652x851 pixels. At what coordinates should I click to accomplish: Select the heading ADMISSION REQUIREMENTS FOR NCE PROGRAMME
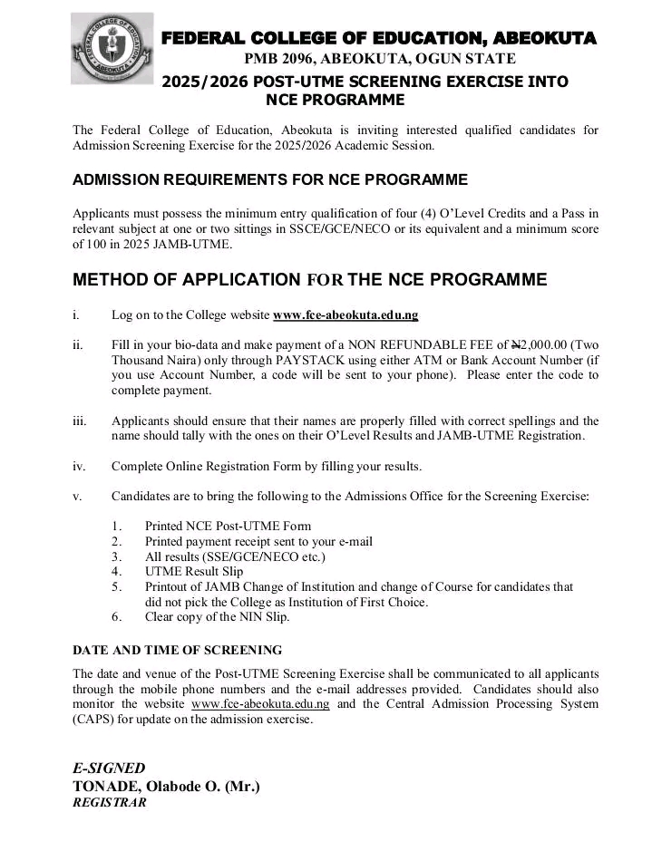click(x=270, y=179)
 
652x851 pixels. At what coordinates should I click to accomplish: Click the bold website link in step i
click(x=345, y=315)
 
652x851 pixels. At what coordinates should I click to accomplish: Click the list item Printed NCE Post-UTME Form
click(x=228, y=526)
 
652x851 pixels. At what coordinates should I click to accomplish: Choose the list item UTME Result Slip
click(x=194, y=572)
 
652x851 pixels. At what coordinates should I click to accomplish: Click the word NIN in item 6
click(x=249, y=617)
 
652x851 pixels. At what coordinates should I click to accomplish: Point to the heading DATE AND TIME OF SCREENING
click(x=177, y=650)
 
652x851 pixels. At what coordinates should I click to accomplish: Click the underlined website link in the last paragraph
click(x=261, y=703)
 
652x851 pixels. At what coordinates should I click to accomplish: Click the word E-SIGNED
click(x=109, y=768)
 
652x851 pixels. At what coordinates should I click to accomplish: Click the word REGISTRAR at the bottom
click(x=109, y=802)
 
